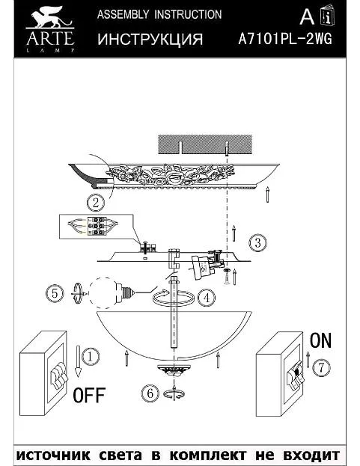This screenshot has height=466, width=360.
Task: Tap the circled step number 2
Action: [96, 203]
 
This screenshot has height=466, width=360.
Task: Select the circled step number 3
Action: [257, 243]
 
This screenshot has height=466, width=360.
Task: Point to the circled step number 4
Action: [207, 298]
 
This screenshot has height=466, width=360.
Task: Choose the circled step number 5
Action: [55, 294]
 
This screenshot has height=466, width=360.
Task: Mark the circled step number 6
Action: [150, 393]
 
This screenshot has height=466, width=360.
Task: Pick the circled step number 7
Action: [321, 367]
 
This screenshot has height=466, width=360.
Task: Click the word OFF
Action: [89, 395]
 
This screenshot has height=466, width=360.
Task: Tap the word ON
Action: [320, 340]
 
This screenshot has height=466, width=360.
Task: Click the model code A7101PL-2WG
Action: [285, 39]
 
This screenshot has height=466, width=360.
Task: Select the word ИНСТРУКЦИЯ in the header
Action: [150, 39]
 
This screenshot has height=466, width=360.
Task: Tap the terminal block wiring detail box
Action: [96, 226]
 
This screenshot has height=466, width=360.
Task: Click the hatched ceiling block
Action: [205, 144]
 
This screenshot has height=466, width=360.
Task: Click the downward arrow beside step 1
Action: [78, 361]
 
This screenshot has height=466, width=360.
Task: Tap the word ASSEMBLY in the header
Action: [123, 14]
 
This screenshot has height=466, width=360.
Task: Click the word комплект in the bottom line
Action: [208, 455]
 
